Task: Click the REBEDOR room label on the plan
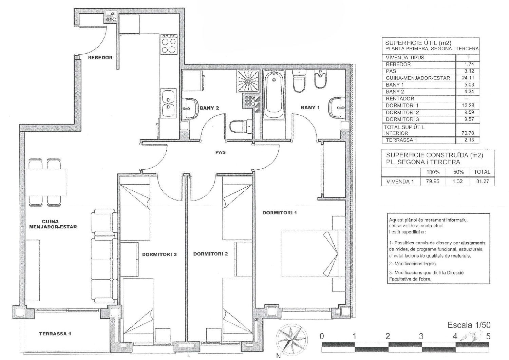click(100, 57)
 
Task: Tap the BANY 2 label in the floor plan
click(209, 108)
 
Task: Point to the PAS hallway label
click(221, 152)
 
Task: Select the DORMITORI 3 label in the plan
click(159, 254)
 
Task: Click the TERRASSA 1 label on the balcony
click(55, 334)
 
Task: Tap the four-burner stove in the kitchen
click(169, 44)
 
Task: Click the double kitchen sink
click(168, 103)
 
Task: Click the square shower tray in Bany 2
click(248, 81)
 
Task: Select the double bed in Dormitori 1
click(310, 254)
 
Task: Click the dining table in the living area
click(46, 182)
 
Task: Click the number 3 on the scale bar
click(421, 336)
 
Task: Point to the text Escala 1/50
click(469, 325)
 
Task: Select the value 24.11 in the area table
click(468, 78)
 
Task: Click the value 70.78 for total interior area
click(468, 133)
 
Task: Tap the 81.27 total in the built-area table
click(482, 182)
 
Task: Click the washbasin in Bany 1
click(337, 108)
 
